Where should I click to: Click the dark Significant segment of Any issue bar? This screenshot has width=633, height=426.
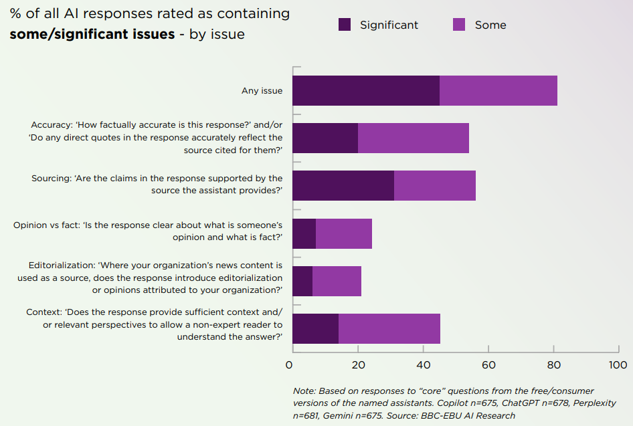pos(366,90)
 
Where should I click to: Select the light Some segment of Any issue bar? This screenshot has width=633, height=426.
pos(499,90)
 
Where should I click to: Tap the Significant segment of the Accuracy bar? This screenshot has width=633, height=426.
pos(325,138)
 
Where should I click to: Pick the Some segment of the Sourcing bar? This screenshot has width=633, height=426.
pos(435,185)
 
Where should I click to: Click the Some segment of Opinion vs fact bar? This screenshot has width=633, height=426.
pos(344,233)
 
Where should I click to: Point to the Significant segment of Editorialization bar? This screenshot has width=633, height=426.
pos(302,281)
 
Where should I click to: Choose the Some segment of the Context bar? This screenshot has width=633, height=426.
pos(389,328)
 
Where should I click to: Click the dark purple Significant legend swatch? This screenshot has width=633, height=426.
pos(345,25)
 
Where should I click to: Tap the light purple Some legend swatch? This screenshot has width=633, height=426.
pos(459,25)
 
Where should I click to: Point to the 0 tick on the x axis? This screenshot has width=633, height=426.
pos(289,365)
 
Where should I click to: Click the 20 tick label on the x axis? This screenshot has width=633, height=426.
pos(358,365)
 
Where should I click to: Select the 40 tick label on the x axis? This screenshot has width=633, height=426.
pos(423,365)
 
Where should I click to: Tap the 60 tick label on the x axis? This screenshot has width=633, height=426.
pos(488,365)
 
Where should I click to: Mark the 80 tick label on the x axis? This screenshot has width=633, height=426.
pos(553,365)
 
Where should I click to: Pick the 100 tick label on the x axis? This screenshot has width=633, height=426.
pos(618,365)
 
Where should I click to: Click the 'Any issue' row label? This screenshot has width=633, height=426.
pos(262,91)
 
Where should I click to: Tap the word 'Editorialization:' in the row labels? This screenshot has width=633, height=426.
pos(62,265)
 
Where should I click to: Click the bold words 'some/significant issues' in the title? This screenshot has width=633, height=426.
pos(92,34)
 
